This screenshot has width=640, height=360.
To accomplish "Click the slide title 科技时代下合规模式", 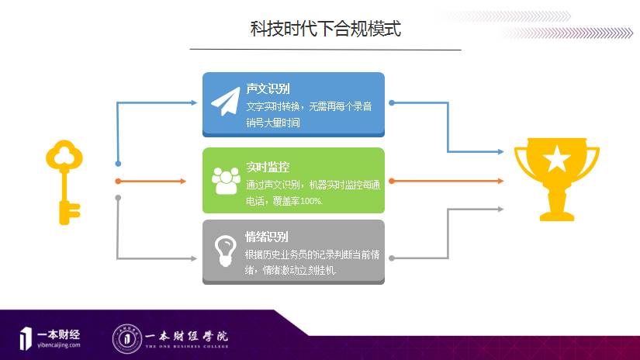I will coord(325,29).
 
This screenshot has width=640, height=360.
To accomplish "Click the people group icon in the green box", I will coord(226,180).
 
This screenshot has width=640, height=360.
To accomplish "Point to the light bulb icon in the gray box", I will coord(224,250).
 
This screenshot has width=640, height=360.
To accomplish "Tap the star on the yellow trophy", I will coord(556,161).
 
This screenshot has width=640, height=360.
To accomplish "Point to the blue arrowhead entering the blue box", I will coord(194,102).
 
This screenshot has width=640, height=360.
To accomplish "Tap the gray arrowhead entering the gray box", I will coord(194,258).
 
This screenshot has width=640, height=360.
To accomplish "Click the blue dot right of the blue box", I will coord(392,102).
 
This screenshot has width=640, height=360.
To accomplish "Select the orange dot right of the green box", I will coord(392,181).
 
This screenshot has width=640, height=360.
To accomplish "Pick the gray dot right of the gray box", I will coord(392,258).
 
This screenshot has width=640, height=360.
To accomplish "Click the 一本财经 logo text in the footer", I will coord(58,334).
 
